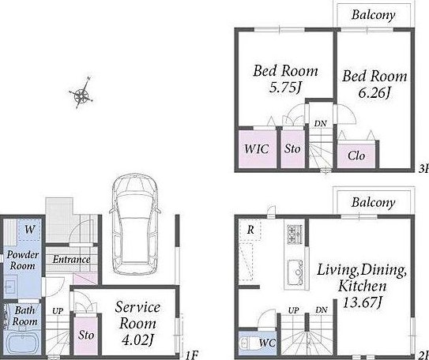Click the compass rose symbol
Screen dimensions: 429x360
click(x=81, y=94)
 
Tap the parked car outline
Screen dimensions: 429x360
click(x=135, y=224)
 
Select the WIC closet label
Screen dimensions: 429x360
click(x=256, y=149)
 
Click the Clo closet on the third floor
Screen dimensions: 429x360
click(x=356, y=156)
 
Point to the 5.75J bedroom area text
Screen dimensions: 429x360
click(x=285, y=88)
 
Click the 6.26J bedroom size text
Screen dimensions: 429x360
click(x=374, y=93)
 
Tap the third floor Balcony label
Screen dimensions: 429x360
click(x=374, y=14)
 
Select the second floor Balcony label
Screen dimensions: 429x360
click(x=374, y=202)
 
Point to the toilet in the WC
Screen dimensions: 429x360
click(x=247, y=343)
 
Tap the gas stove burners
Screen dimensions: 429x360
click(x=295, y=234)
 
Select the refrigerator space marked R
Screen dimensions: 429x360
click(x=250, y=230)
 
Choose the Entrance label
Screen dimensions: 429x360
click(x=71, y=260)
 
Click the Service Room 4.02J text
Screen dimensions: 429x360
click(x=137, y=324)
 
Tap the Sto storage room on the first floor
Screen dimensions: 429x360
click(x=85, y=336)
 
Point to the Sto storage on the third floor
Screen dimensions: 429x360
click(x=292, y=149)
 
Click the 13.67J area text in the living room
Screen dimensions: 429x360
click(x=362, y=302)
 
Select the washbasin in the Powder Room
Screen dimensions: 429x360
click(x=10, y=287)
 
